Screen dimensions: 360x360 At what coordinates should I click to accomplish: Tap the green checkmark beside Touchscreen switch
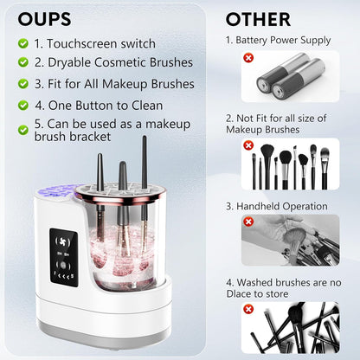tap(22, 43)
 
